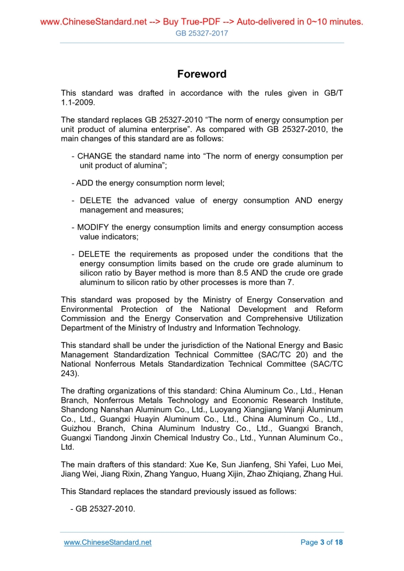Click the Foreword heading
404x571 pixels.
(x=202, y=74)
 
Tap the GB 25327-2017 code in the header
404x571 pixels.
(x=202, y=33)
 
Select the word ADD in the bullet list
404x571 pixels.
(x=85, y=183)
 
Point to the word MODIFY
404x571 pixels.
(x=95, y=227)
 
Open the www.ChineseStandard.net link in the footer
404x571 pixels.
(x=107, y=542)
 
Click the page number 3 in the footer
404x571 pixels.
(x=322, y=542)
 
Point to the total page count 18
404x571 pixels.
(x=339, y=542)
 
